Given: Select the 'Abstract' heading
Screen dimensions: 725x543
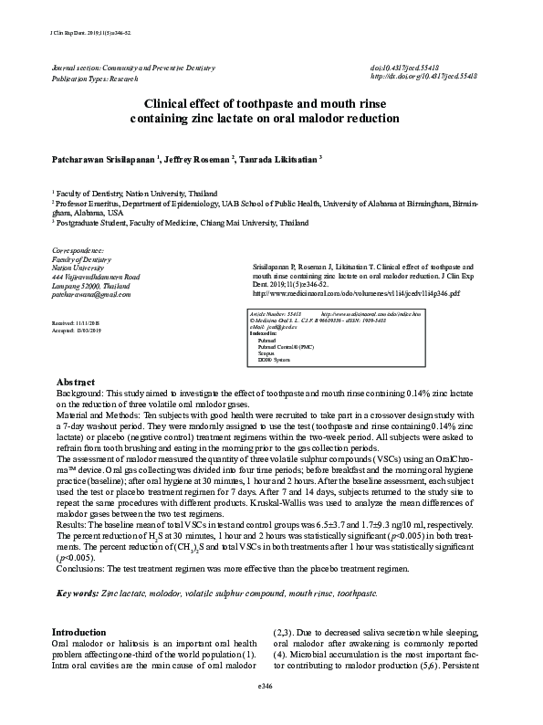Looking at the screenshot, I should [75, 406].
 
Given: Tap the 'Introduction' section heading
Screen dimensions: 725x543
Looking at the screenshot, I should [78, 632].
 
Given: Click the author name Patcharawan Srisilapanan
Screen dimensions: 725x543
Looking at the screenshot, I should [101, 159].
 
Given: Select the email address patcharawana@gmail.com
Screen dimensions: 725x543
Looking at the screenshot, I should [91, 296].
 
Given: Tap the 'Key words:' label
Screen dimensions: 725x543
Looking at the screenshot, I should [78, 594].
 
